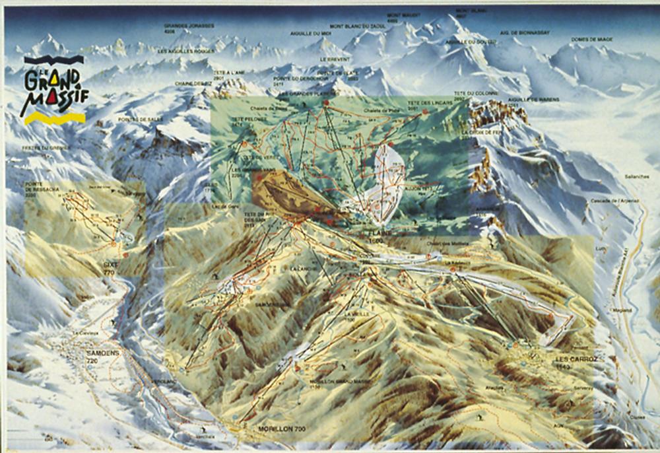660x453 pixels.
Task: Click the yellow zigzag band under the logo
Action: (x=53, y=118)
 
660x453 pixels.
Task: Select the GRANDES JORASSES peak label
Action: (x=180, y=28)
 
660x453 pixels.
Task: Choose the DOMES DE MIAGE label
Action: (x=592, y=40)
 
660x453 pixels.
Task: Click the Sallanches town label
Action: (x=636, y=178)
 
